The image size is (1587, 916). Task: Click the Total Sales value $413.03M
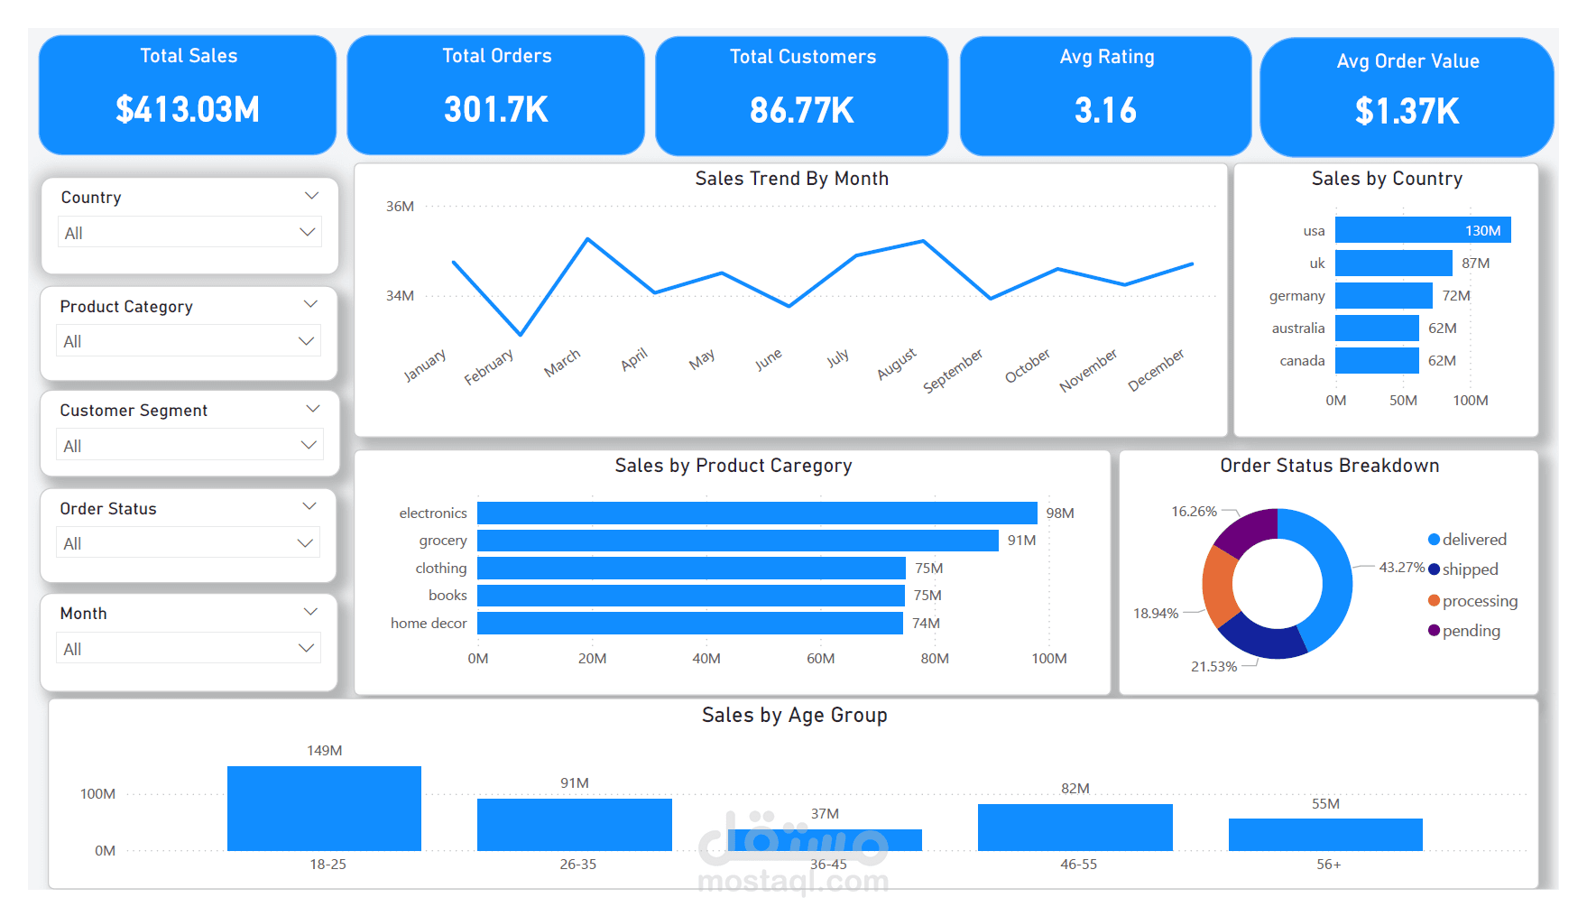[x=188, y=110]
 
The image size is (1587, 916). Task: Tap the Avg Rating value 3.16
[x=1105, y=111]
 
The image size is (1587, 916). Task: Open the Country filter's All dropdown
[x=189, y=232]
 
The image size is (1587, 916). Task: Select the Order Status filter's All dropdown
[x=189, y=542]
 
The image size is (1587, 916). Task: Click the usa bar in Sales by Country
[x=1423, y=230]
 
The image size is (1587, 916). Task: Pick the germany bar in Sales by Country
[x=1384, y=295]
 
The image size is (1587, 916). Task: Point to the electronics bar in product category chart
[x=757, y=513]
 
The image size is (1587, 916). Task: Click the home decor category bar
[x=690, y=623]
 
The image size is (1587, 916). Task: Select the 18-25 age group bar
[x=324, y=809]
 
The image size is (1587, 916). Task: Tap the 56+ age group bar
[x=1325, y=835]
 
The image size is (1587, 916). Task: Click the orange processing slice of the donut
[x=1219, y=586]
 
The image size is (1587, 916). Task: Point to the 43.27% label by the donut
[x=1401, y=567]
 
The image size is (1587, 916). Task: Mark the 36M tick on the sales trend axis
[x=400, y=206]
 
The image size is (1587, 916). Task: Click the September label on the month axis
[x=953, y=371]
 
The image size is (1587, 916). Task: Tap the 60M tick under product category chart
[x=820, y=658]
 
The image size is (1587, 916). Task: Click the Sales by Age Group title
[x=794, y=715]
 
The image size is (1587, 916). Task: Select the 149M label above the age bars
[x=324, y=750]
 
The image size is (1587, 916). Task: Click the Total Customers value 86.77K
[x=801, y=111]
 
